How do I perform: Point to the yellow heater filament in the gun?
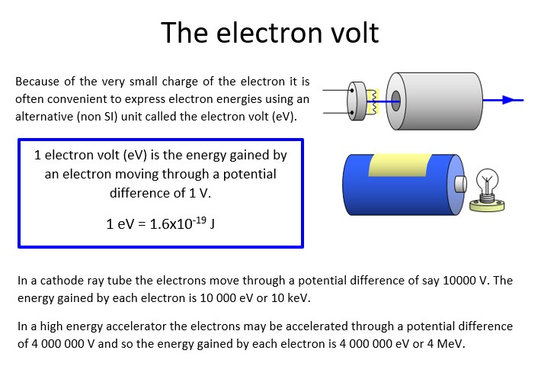pyautogui.click(x=373, y=99)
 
